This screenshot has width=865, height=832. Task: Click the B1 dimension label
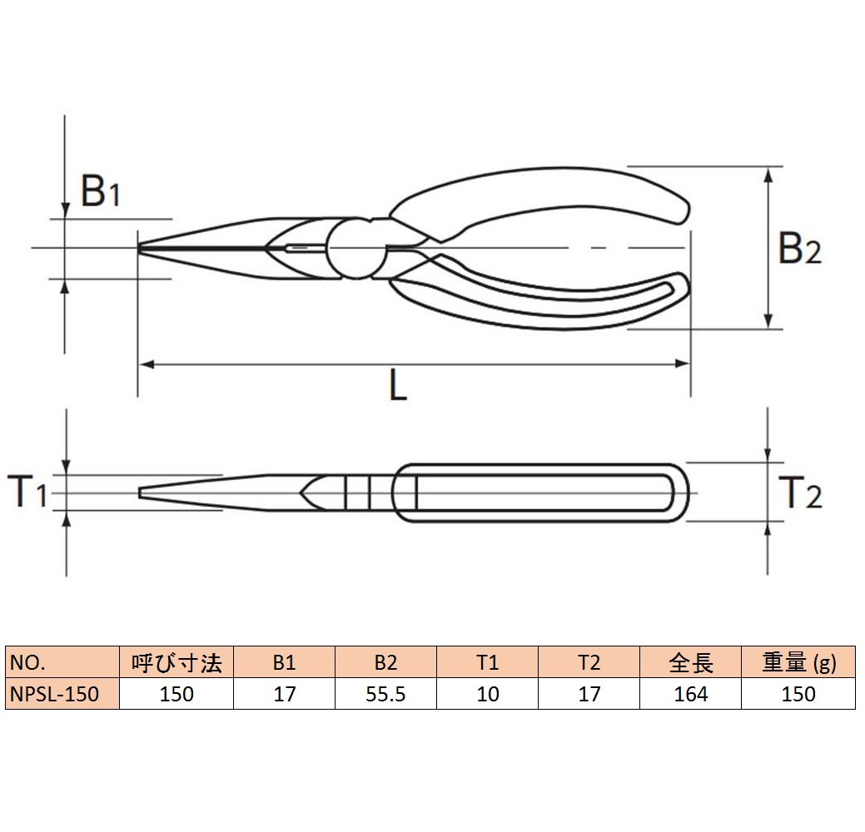pyautogui.click(x=100, y=191)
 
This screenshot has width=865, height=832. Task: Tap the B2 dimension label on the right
pyautogui.click(x=799, y=248)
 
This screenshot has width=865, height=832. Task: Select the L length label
pyautogui.click(x=398, y=385)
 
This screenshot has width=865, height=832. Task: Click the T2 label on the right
pyautogui.click(x=800, y=493)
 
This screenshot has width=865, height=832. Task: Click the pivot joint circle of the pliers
pyautogui.click(x=356, y=248)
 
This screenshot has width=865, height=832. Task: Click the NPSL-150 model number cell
pyautogui.click(x=62, y=694)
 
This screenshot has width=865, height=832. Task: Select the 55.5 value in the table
pyautogui.click(x=385, y=694)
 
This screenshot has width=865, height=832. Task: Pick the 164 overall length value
pyautogui.click(x=691, y=694)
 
